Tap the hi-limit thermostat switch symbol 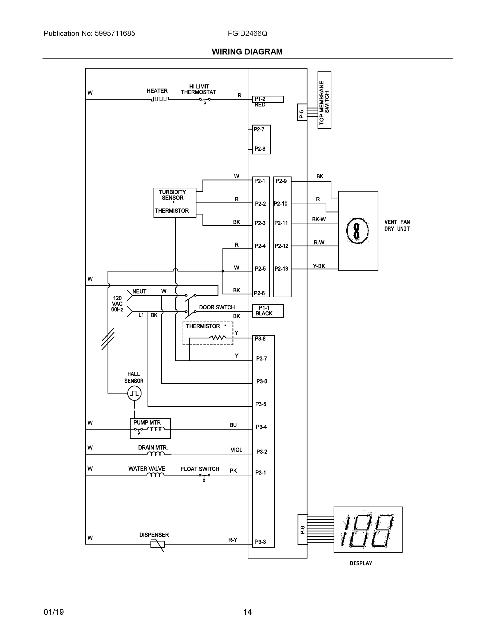pyautogui.click(x=205, y=100)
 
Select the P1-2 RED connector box pyautogui.click(x=268, y=99)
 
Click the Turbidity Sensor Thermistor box pyautogui.click(x=175, y=203)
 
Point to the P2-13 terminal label pyautogui.click(x=281, y=269)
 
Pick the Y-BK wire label pyautogui.click(x=319, y=266)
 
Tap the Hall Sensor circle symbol pyautogui.click(x=134, y=393)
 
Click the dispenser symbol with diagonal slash pyautogui.click(x=158, y=545)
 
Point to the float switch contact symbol pyautogui.click(x=204, y=476)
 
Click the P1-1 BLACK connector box pyautogui.click(x=268, y=311)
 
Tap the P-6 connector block pyautogui.click(x=302, y=530)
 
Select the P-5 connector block pyautogui.click(x=302, y=112)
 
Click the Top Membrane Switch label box pyautogui.click(x=324, y=100)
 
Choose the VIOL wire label pyautogui.click(x=236, y=450)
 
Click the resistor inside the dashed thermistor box pyautogui.click(x=217, y=338)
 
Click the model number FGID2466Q pyautogui.click(x=247, y=33)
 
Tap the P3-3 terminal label pyautogui.click(x=260, y=542)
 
